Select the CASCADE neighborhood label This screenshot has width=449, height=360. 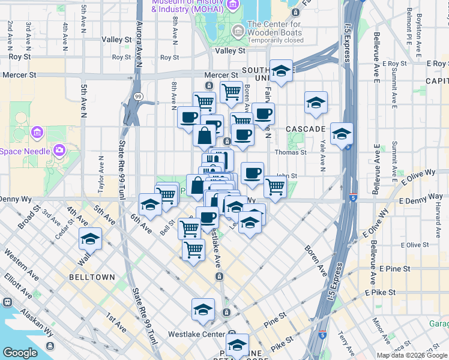click(x=305, y=129)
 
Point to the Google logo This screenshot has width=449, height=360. click(x=20, y=353)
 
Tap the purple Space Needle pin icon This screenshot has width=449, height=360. click(x=59, y=149)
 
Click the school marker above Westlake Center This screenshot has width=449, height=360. click(x=203, y=310)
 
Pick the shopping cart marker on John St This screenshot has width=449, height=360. click(x=275, y=186)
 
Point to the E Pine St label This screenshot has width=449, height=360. click(x=394, y=269)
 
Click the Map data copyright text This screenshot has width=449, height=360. click(x=412, y=355)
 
